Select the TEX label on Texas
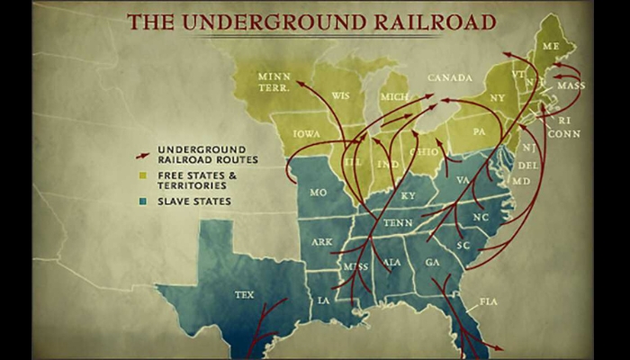coord(244,294)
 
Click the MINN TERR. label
coord(274,82)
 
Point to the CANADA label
coord(450,78)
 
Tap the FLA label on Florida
coord(489,301)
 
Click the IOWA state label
coord(306,132)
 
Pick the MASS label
coord(571,86)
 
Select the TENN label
coord(398,222)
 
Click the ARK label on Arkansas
coord(322,241)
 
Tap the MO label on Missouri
coord(318,193)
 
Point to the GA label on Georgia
coord(432,262)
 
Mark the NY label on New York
coord(498,96)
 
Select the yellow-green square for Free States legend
coord(141,175)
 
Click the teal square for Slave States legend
coord(141,201)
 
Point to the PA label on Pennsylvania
coord(478,132)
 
